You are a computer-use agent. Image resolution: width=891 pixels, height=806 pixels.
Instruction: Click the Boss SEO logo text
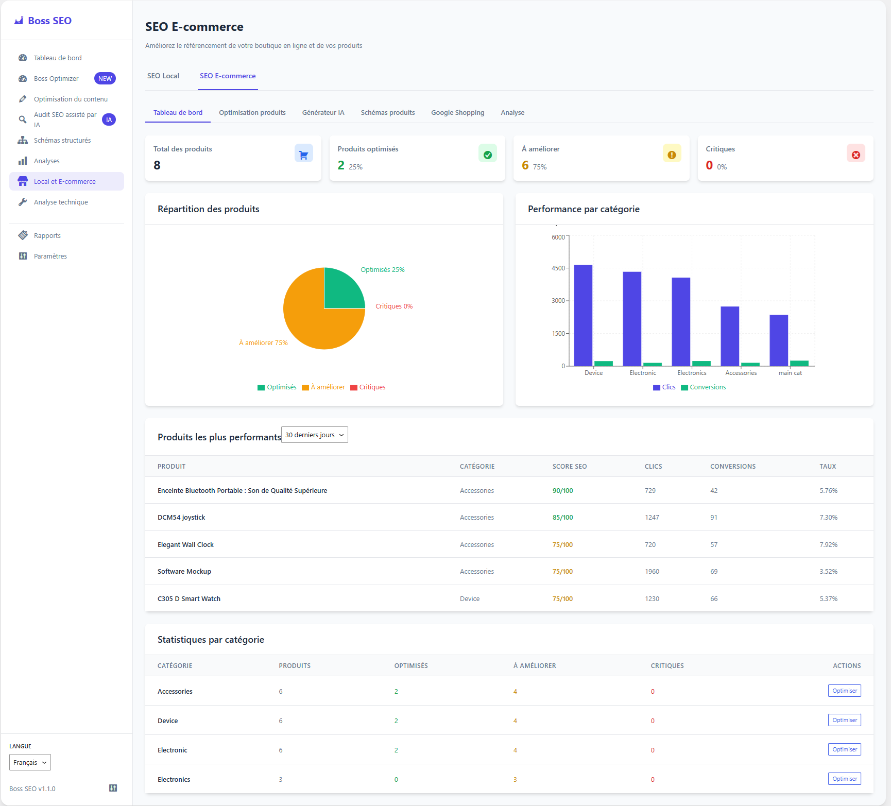[49, 21]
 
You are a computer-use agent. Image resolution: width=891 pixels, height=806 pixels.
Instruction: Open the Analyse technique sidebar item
[61, 202]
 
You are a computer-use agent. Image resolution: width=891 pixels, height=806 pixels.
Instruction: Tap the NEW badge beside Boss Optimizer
[105, 78]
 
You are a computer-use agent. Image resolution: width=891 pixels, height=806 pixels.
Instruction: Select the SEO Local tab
[163, 76]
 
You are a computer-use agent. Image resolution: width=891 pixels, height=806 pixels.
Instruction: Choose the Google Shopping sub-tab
[457, 112]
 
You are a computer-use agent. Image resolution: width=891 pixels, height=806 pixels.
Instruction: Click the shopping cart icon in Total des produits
[303, 154]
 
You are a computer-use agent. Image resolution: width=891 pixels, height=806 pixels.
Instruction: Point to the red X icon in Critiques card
[855, 154]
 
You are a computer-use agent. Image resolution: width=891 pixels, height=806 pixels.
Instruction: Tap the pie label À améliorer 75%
[263, 342]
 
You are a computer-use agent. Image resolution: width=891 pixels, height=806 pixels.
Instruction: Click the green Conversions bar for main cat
[799, 363]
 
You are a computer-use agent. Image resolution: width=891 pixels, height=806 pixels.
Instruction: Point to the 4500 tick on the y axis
[558, 268]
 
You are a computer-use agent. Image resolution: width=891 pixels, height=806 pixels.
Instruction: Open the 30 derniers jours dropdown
[314, 435]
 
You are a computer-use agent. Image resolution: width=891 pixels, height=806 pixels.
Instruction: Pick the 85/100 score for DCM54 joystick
[562, 517]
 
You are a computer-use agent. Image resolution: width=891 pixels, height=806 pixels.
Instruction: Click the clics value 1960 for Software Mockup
[652, 571]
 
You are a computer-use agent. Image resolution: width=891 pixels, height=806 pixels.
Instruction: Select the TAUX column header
[827, 466]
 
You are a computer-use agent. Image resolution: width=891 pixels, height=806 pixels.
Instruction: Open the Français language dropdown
[30, 762]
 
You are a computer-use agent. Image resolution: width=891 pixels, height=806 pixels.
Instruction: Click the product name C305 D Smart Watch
[189, 598]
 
